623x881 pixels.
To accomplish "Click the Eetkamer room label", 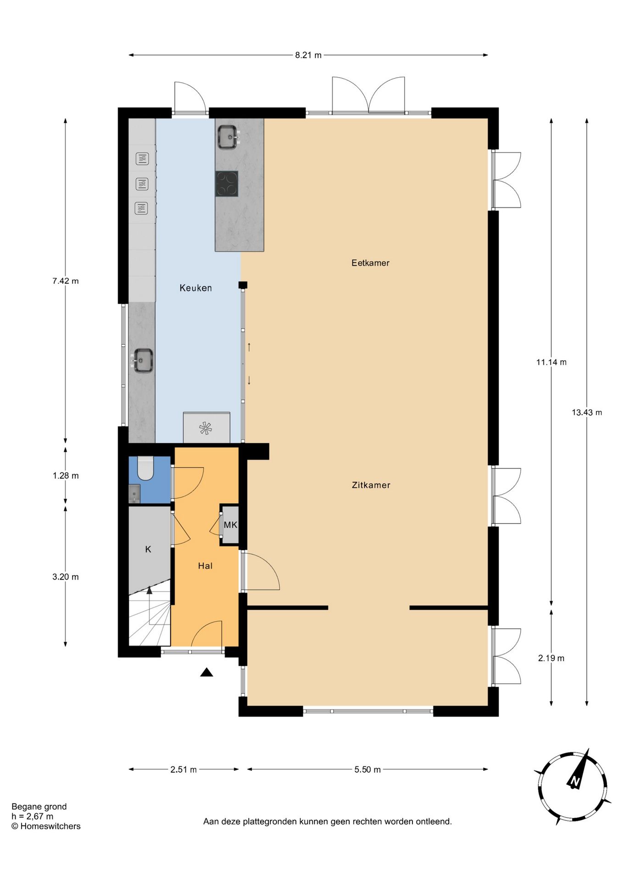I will (x=370, y=263).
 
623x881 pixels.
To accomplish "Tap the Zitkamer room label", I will (x=371, y=485).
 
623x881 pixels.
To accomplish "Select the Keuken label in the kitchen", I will (x=195, y=288).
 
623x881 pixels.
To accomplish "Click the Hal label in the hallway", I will (x=205, y=566).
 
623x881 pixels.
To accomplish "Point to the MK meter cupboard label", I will (x=230, y=525).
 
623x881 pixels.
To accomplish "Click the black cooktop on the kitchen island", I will (x=227, y=184).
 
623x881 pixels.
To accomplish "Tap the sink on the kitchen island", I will (x=228, y=137).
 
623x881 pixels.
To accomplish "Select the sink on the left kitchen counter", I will (x=143, y=361).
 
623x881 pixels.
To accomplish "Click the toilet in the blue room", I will (x=145, y=468).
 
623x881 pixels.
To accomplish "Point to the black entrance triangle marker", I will (x=206, y=673).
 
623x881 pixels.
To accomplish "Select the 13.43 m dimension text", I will (x=586, y=413).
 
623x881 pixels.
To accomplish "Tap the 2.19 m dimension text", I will (x=551, y=658).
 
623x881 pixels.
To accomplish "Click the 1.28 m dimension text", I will (x=66, y=476).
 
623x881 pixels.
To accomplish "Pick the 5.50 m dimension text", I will (x=367, y=769).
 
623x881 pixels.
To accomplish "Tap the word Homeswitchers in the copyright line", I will (x=50, y=826).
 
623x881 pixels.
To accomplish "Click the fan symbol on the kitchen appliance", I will (x=206, y=429).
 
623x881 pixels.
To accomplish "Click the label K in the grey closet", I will (x=148, y=549).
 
